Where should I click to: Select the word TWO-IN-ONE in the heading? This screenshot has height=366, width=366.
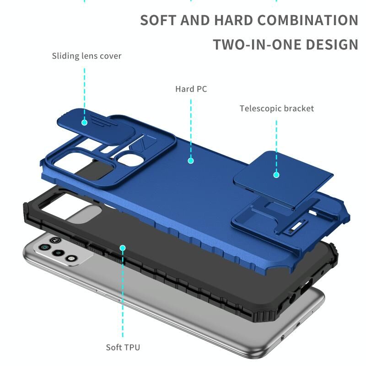click(x=257, y=44)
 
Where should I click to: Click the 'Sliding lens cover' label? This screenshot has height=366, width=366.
click(x=86, y=56)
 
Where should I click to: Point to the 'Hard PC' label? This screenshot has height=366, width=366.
click(x=191, y=89)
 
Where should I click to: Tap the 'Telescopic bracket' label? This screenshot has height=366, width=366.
click(x=277, y=108)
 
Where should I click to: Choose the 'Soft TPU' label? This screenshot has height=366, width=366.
click(x=123, y=347)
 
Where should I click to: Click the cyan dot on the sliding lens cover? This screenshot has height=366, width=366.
click(x=85, y=122)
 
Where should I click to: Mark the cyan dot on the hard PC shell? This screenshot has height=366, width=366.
click(x=191, y=161)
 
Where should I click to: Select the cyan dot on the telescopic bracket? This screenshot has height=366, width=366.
click(x=276, y=175)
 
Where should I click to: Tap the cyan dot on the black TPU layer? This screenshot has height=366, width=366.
click(x=123, y=248)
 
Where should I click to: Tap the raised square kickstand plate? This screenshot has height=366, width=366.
click(x=283, y=178)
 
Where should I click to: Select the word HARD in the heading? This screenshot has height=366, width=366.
click(x=233, y=20)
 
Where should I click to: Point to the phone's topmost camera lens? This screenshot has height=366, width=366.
click(x=44, y=247)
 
